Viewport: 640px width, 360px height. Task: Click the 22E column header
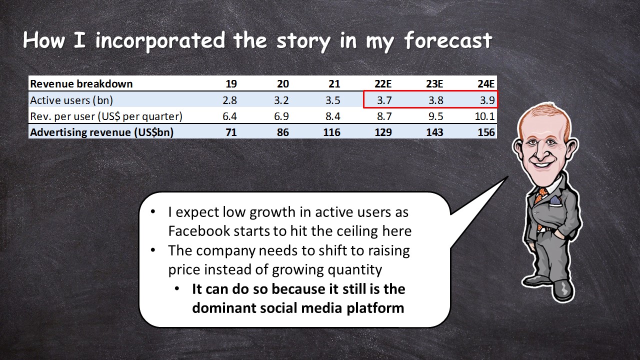[x=383, y=83]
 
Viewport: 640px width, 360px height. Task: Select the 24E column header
[x=485, y=83]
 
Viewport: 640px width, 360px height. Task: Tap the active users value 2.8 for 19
[x=229, y=100]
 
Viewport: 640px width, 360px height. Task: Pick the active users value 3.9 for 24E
[x=487, y=100]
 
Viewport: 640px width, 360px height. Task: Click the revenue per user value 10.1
[x=484, y=116]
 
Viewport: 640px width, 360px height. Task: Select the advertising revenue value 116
[x=331, y=132]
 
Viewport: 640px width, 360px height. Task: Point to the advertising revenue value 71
[x=231, y=132]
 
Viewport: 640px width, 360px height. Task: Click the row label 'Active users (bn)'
[x=71, y=100]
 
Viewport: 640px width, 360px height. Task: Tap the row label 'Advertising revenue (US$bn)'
[x=101, y=132]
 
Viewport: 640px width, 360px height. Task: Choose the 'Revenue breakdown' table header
[x=81, y=83]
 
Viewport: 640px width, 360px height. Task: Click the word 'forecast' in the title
[x=448, y=40]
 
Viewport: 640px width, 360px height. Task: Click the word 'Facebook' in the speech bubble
[x=199, y=231]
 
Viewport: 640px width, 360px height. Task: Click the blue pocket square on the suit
[x=555, y=201]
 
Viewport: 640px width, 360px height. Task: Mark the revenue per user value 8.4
[x=333, y=116]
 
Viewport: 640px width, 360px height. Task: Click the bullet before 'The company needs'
[x=153, y=250]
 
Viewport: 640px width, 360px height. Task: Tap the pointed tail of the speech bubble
[x=507, y=176]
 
